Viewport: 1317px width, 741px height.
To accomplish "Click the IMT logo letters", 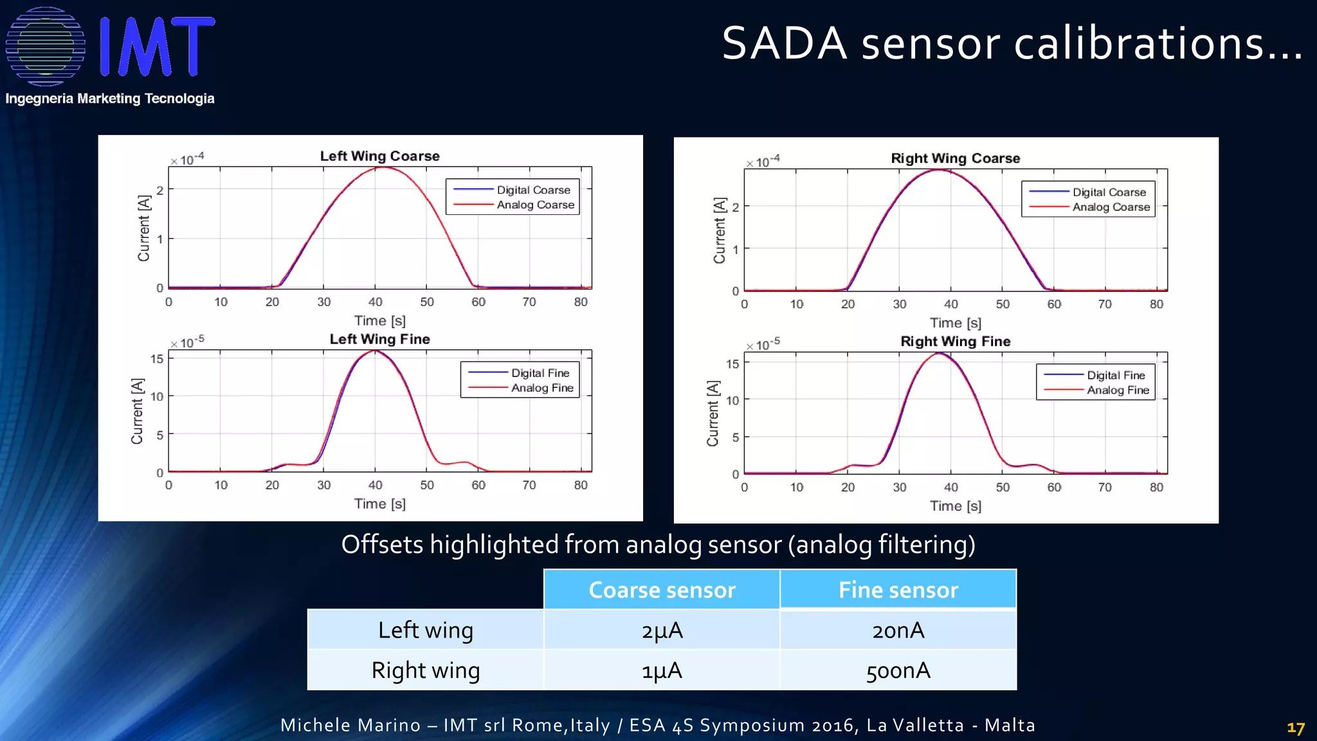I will click(x=158, y=46).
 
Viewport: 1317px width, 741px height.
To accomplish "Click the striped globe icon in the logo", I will click(x=45, y=46).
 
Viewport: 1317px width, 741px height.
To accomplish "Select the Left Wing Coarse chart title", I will click(x=379, y=156).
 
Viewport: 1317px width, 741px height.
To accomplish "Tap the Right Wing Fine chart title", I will click(x=955, y=342).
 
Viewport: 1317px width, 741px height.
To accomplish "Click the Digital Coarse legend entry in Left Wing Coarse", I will click(x=533, y=190).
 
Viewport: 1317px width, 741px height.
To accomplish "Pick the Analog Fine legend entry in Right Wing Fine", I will click(x=1118, y=390).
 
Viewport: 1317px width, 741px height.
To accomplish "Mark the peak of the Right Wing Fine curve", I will click(x=939, y=353).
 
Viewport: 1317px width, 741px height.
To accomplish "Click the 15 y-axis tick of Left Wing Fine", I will click(x=157, y=359).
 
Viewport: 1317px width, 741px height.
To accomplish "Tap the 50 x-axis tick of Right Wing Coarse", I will click(x=1003, y=304).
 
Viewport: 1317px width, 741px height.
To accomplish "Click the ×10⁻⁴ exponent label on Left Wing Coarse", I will click(x=187, y=160).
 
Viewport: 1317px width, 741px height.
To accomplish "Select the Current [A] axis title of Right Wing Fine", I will click(x=713, y=413).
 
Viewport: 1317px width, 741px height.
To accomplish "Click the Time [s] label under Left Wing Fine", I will click(x=379, y=504).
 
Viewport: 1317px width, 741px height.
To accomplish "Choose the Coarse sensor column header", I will click(x=662, y=590).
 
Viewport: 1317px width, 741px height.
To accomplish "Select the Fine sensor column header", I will click(x=898, y=590).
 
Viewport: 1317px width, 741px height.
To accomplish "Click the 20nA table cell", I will click(x=898, y=630).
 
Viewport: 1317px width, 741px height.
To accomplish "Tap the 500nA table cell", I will click(x=898, y=671).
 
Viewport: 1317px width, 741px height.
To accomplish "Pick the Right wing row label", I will click(x=425, y=671).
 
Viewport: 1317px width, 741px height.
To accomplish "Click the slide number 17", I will click(x=1295, y=728).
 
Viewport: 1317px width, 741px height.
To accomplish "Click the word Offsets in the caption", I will click(x=382, y=545).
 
